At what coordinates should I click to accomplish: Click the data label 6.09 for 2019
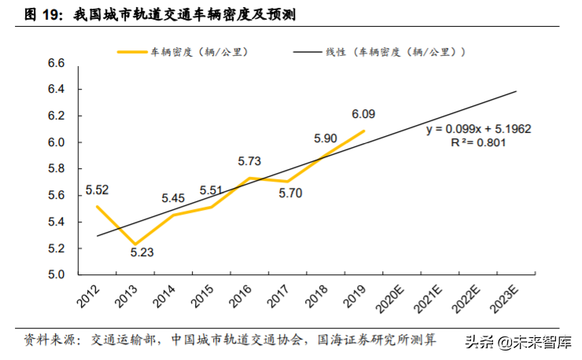(363, 113)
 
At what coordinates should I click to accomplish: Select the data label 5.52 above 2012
(97, 189)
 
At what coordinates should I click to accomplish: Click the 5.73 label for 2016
(250, 161)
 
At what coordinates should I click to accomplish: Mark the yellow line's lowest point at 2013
(135, 244)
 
